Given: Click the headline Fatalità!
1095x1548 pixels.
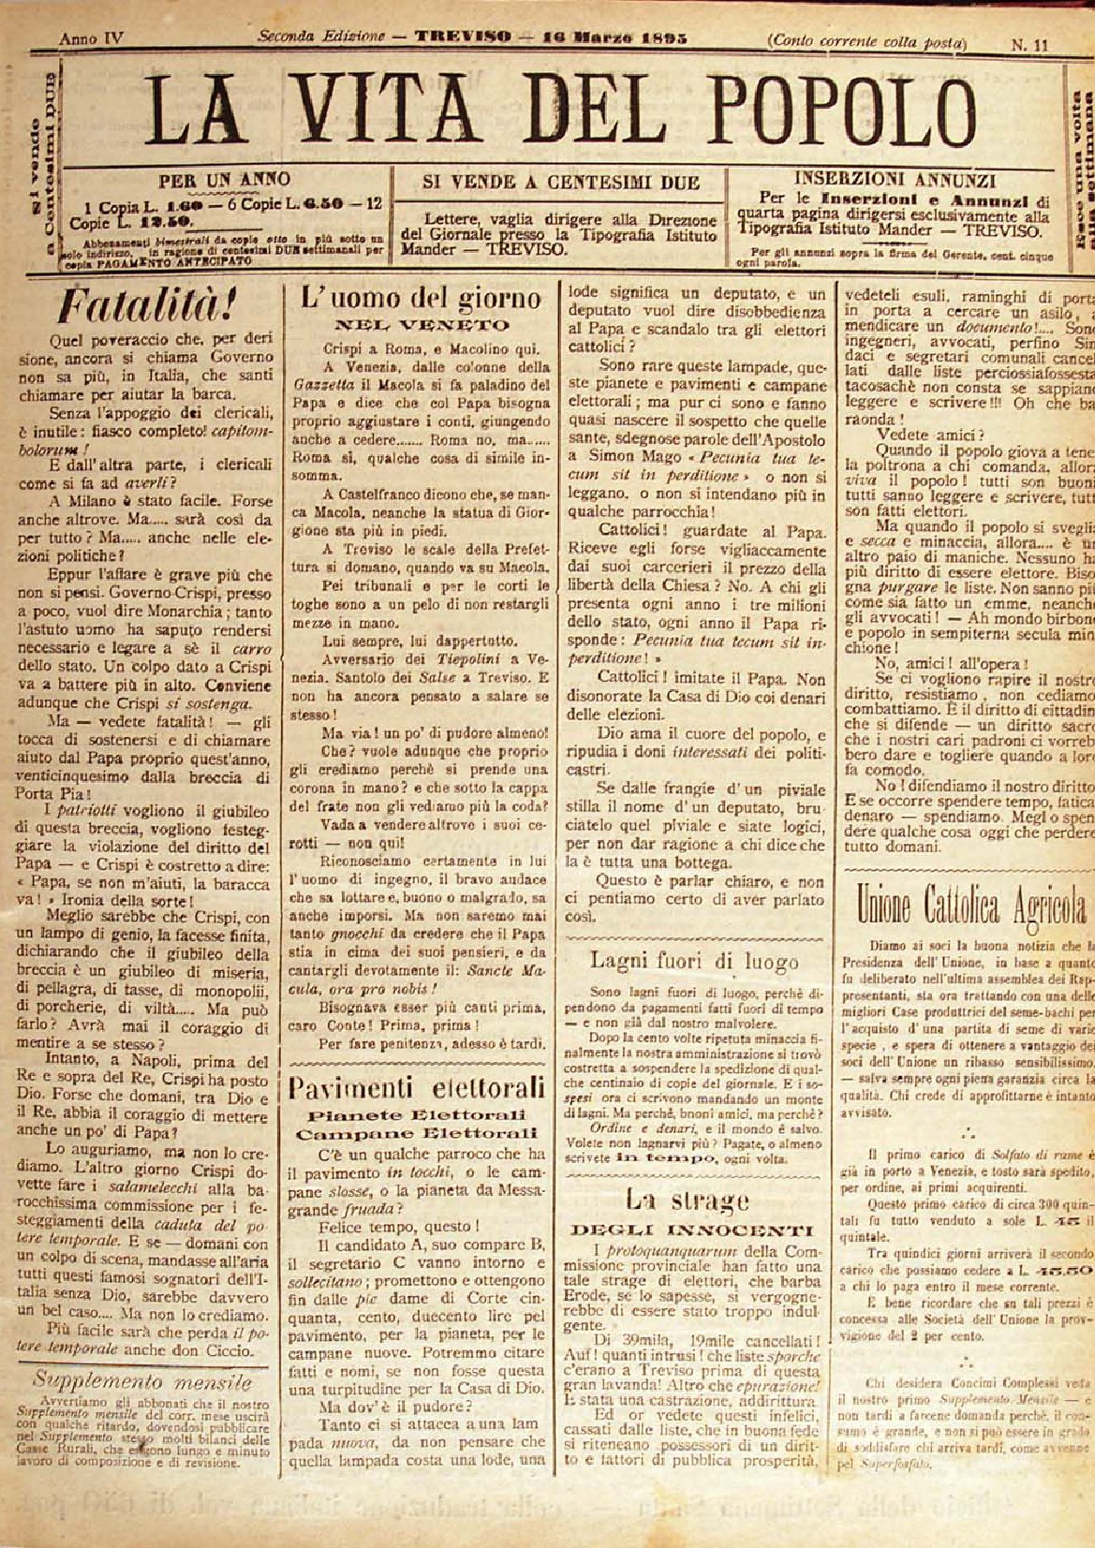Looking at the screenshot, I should click(x=133, y=305).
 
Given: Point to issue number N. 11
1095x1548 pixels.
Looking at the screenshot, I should click(x=1028, y=42).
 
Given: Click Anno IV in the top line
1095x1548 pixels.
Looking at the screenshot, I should click(x=91, y=39).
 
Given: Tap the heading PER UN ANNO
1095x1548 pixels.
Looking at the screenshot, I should click(x=224, y=179).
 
